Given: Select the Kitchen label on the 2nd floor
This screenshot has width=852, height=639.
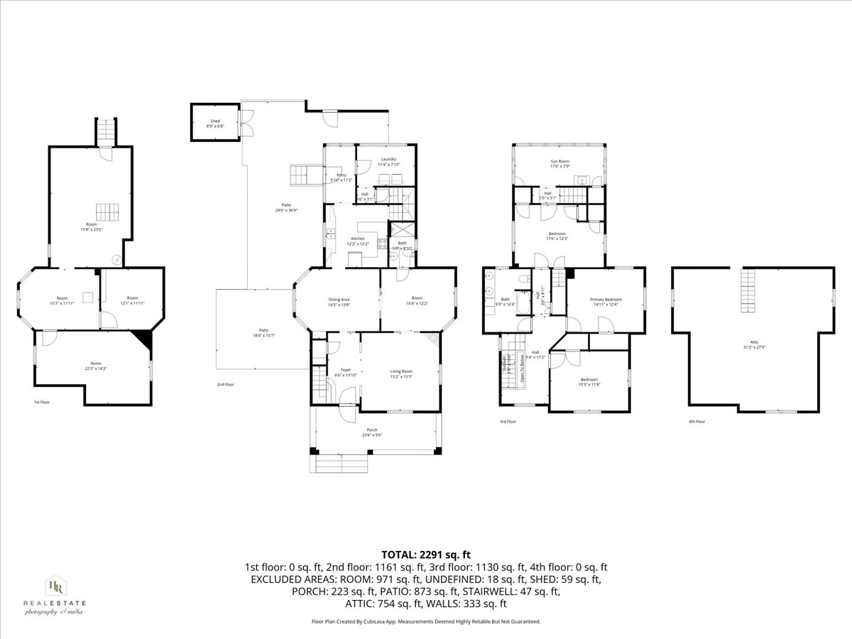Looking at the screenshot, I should [x=358, y=241].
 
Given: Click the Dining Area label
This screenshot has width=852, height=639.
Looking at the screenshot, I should [x=338, y=302].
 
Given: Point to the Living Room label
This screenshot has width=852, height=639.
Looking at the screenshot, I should [x=401, y=373].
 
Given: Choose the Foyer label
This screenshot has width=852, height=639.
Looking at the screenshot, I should [x=346, y=372].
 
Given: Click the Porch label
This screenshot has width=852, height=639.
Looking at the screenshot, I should [x=372, y=432].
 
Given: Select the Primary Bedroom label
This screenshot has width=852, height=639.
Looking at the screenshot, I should [x=605, y=302].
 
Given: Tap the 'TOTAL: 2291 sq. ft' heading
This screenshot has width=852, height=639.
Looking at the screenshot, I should [x=426, y=555].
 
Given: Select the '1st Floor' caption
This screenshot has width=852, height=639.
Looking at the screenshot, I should [x=42, y=402].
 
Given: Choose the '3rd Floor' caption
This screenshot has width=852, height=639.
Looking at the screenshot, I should [x=508, y=421].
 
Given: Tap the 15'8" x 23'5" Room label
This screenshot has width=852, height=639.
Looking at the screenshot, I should [x=92, y=226].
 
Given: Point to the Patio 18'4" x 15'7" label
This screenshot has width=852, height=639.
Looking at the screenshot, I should [x=263, y=333].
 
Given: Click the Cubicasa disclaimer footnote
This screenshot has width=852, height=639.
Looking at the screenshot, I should [x=426, y=621].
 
